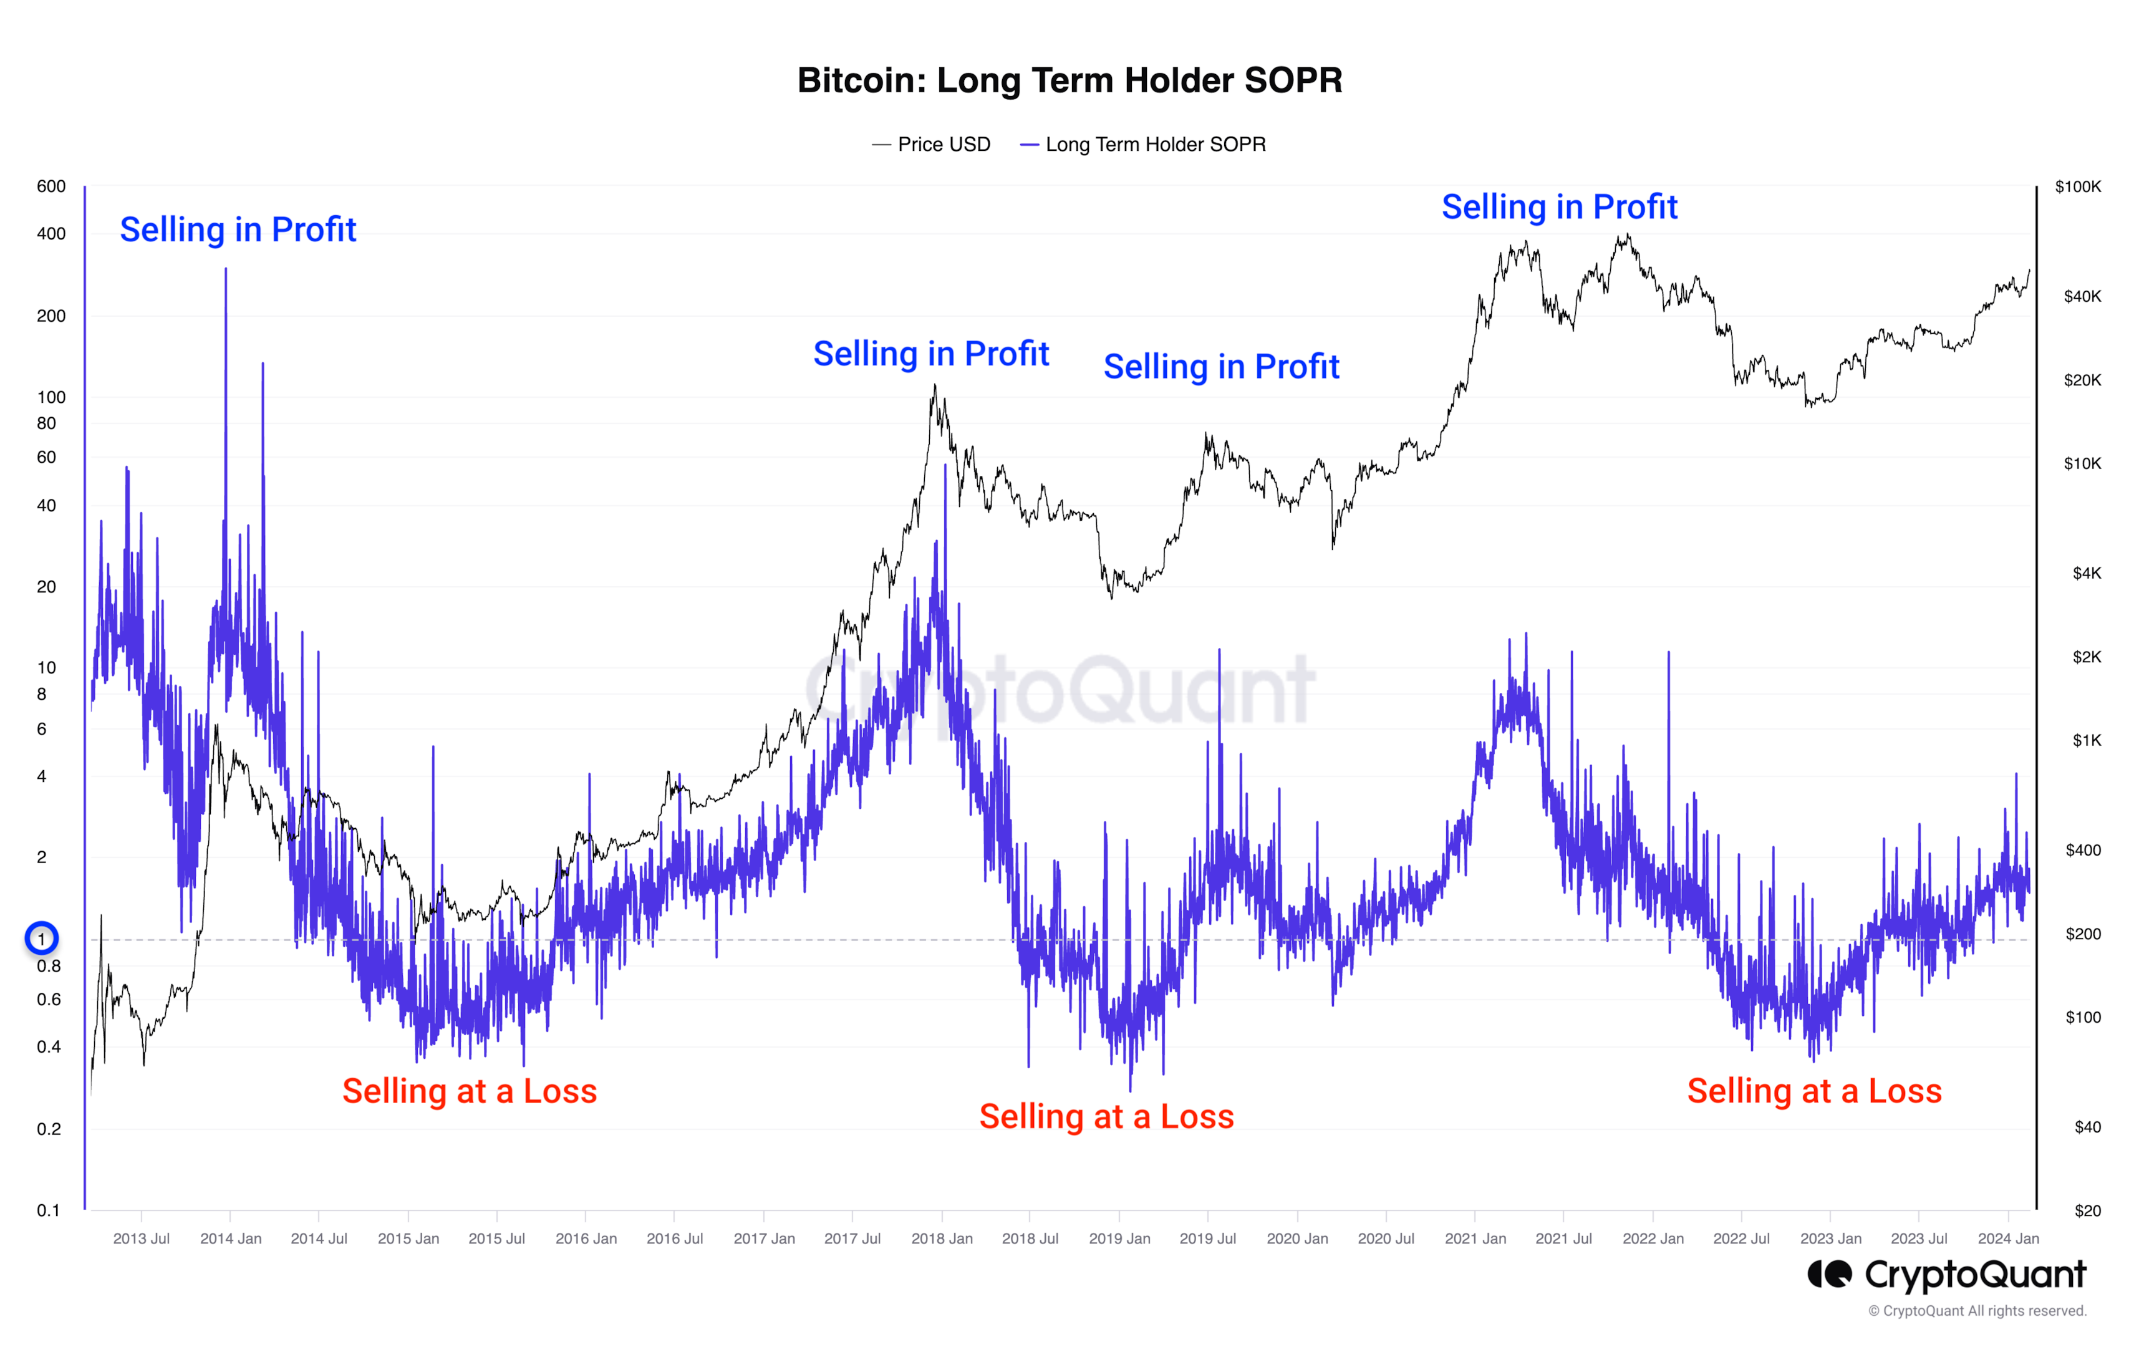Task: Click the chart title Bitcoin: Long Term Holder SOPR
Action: (1069, 81)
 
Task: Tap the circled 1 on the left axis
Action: (41, 939)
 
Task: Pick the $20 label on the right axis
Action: (2087, 1210)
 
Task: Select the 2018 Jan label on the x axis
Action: (942, 1238)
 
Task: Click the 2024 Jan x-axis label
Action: (2007, 1238)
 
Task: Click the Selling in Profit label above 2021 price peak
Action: (1559, 207)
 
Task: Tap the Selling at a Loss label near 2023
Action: (1814, 1091)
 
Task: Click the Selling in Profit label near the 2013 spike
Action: (238, 230)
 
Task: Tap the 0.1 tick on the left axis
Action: (48, 1210)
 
